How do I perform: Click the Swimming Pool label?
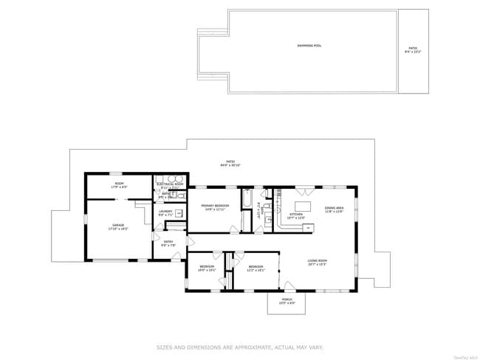309,45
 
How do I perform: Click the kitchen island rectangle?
304,206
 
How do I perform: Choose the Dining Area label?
335,208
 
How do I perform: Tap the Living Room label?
318,260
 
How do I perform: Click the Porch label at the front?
287,300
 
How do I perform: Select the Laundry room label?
165,212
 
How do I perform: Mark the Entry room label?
168,241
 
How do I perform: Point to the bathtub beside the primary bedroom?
247,203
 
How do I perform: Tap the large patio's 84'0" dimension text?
230,165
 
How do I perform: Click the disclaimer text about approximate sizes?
239,347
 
